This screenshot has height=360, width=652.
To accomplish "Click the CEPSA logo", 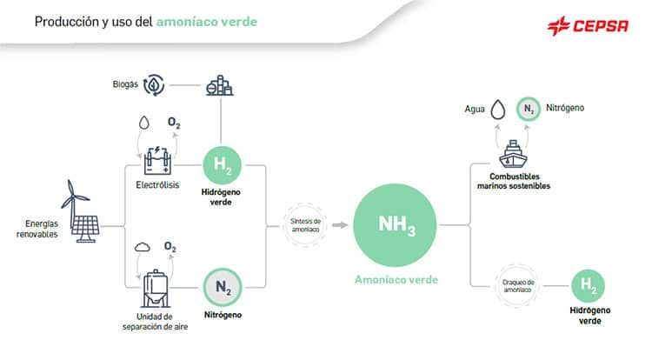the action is pyautogui.click(x=588, y=26).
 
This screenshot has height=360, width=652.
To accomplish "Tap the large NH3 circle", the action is pyautogui.click(x=395, y=225).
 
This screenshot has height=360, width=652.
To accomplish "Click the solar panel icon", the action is pyautogui.click(x=85, y=229).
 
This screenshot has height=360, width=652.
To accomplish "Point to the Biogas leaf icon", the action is pyautogui.click(x=154, y=85).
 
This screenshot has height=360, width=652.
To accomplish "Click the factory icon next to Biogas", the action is pyautogui.click(x=220, y=85).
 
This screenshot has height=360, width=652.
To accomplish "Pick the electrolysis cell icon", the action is pyautogui.click(x=157, y=161).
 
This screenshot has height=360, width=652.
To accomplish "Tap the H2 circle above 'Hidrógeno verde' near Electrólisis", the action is pyautogui.click(x=222, y=165).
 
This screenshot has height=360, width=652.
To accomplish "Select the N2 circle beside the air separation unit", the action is pyautogui.click(x=223, y=287).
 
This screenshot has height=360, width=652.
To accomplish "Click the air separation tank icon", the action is pyautogui.click(x=156, y=289).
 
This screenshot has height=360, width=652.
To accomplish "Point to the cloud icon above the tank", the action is pyautogui.click(x=143, y=247).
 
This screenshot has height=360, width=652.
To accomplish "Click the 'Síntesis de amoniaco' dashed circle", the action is pyautogui.click(x=305, y=225).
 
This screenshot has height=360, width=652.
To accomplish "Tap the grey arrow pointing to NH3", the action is pyautogui.click(x=340, y=225).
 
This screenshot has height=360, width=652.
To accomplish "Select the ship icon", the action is pyautogui.click(x=513, y=154).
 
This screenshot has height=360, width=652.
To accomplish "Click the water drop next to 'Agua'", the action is pyautogui.click(x=498, y=110).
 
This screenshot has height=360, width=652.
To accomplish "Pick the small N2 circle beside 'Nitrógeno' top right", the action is pyautogui.click(x=528, y=110).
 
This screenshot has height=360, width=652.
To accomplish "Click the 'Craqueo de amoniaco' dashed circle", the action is pyautogui.click(x=517, y=285).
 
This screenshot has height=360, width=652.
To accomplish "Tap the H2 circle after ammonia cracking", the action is pyautogui.click(x=588, y=285).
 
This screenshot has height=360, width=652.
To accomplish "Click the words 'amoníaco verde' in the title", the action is pyautogui.click(x=207, y=22).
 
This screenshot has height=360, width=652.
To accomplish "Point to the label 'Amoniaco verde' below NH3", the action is pyautogui.click(x=396, y=280).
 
